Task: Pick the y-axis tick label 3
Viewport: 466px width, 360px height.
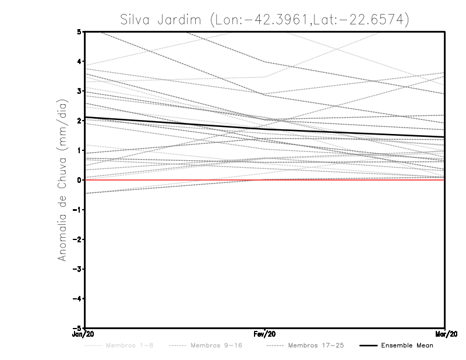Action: (x=79, y=91)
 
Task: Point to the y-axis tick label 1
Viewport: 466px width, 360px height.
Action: (x=79, y=150)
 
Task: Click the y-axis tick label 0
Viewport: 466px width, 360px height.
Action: (x=79, y=180)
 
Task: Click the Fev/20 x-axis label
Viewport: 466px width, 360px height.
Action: (x=265, y=335)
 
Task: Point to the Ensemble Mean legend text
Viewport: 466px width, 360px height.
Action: (x=407, y=345)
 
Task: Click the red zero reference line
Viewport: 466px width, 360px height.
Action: (x=175, y=180)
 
